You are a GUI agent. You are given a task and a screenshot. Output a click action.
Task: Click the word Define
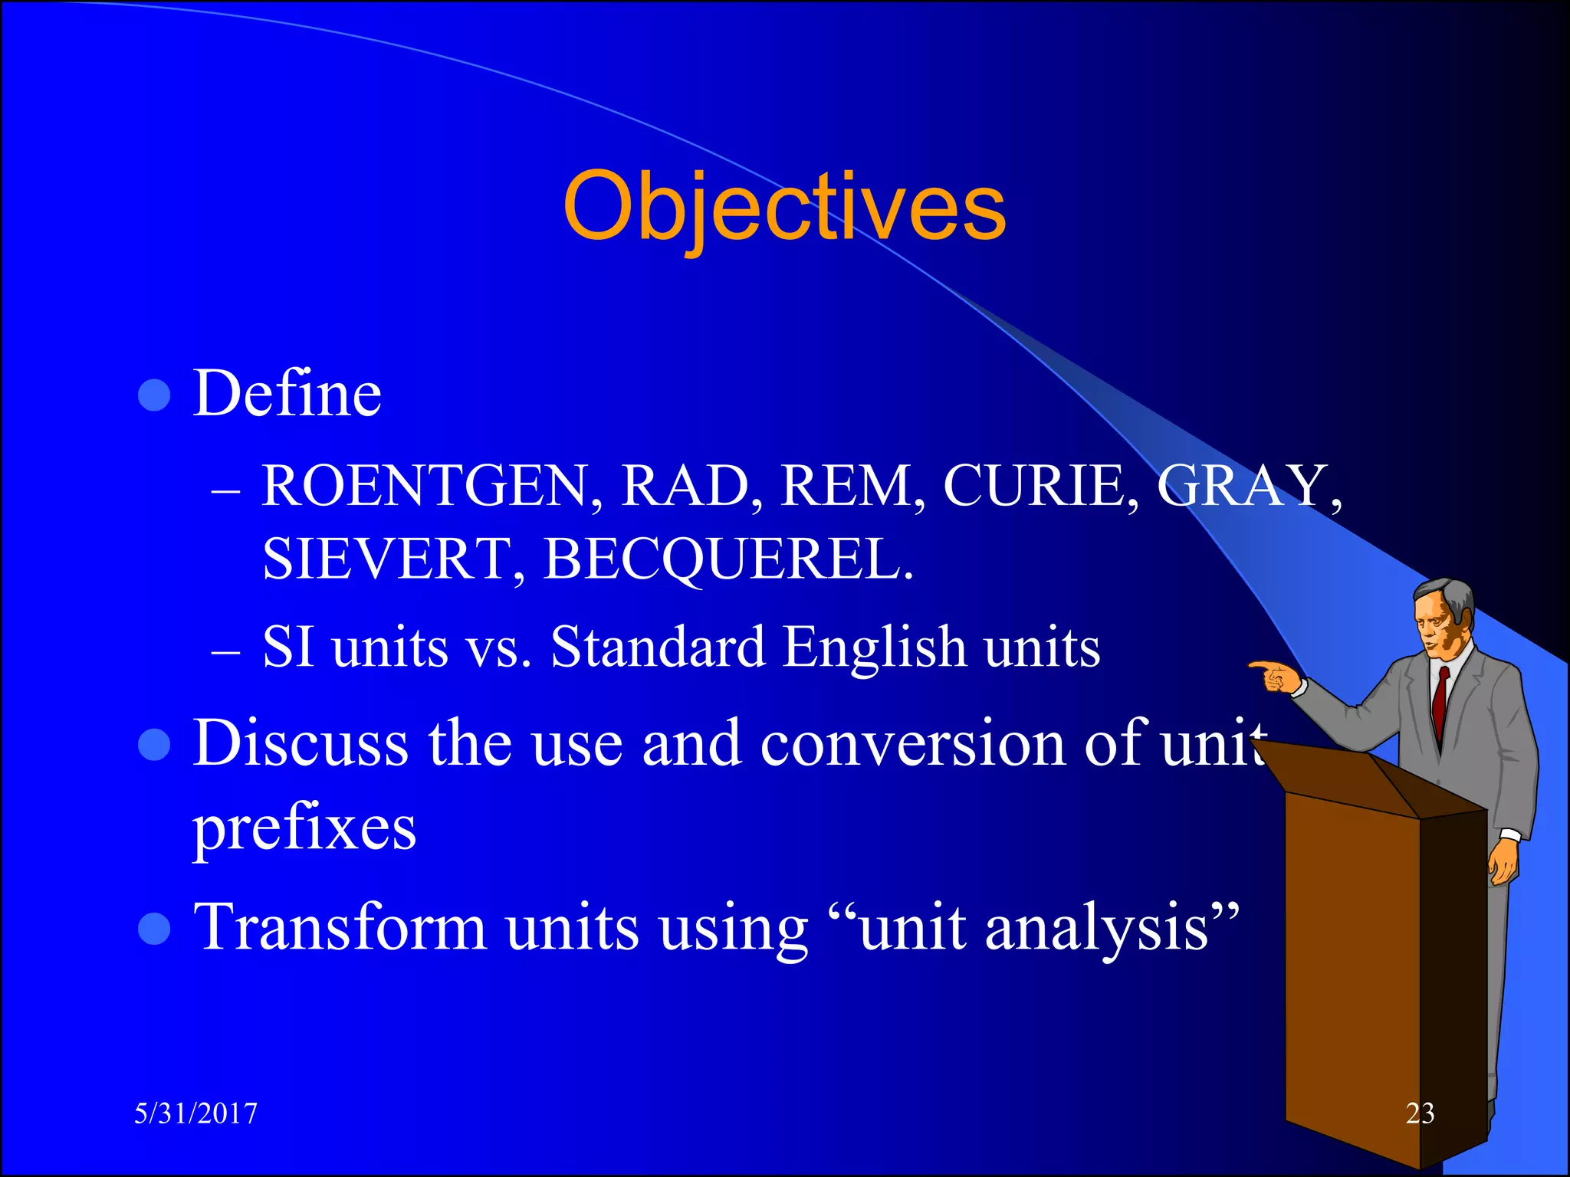287,394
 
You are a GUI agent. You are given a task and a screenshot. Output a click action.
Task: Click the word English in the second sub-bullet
874,648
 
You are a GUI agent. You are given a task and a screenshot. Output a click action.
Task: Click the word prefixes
304,829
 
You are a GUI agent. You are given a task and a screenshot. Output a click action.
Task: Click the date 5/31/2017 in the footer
196,1113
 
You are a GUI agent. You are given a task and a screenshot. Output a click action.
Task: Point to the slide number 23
1420,1113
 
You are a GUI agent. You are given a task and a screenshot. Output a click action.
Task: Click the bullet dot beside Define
155,395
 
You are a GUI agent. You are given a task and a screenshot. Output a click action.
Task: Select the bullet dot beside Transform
155,929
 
